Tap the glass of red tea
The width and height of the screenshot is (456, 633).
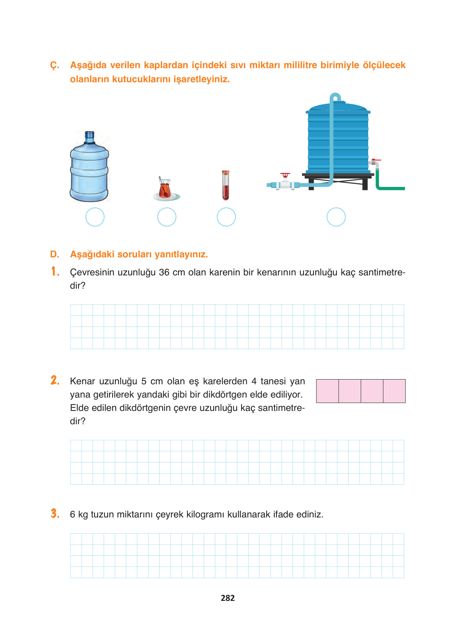tap(165, 190)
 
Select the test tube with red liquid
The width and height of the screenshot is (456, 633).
tap(225, 185)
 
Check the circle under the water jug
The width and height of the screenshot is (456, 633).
tap(95, 217)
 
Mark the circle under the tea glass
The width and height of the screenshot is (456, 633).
tap(167, 217)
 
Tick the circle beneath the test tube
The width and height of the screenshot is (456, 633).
tap(226, 217)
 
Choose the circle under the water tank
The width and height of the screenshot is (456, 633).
tap(336, 217)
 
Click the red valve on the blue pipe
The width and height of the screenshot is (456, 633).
tap(285, 175)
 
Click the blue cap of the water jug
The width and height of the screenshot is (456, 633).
tap(90, 136)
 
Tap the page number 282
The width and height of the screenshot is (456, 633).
tap(228, 598)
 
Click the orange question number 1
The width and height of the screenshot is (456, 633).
tap(55, 271)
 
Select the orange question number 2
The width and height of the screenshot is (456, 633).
tap(55, 380)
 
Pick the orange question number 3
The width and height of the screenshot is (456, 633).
tap(55, 514)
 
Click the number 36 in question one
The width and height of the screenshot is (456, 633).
tap(164, 273)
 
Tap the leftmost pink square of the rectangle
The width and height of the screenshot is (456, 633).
tap(327, 391)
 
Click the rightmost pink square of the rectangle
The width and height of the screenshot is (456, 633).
tap(394, 391)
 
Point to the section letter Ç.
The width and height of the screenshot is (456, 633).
tap(55, 65)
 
